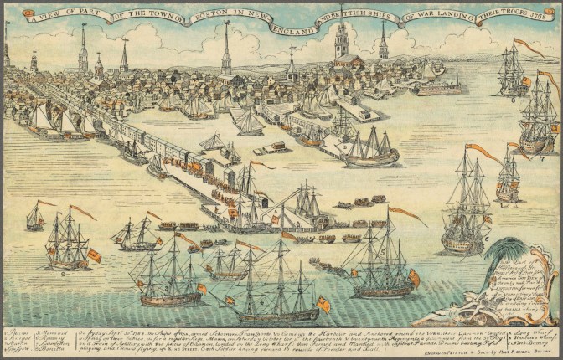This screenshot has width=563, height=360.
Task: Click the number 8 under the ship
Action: click(x=513, y=98)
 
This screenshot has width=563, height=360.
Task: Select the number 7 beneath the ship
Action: click(x=541, y=157)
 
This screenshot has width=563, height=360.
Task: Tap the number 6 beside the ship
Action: click(x=486, y=237)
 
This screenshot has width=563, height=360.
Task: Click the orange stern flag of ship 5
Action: click(x=413, y=277)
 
